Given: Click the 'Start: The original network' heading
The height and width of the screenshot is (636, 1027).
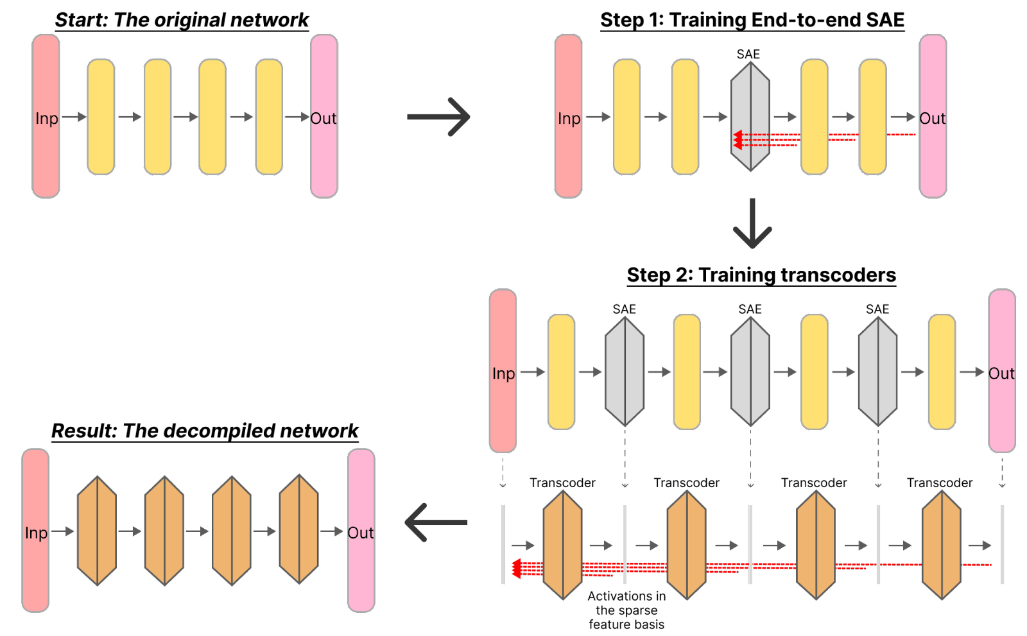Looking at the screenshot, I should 182,20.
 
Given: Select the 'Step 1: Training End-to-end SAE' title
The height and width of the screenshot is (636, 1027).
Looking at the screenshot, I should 752,20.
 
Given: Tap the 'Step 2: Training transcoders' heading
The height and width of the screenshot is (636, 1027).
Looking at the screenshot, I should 761,275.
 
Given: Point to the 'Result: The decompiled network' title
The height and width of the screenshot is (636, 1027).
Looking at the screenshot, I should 205,431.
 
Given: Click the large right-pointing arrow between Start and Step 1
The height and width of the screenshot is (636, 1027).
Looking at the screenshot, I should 439,117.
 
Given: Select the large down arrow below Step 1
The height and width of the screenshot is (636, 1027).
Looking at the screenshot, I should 752,224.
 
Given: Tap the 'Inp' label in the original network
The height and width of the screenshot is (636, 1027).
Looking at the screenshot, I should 47,119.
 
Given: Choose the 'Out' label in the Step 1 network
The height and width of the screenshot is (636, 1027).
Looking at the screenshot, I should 932,119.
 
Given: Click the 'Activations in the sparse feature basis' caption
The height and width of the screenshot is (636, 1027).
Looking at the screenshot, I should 626,610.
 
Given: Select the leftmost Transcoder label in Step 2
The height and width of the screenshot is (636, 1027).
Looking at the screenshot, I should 562,483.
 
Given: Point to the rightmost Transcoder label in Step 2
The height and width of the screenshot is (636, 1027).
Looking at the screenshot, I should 940,483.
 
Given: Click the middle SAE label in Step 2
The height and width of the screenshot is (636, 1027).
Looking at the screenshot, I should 750,309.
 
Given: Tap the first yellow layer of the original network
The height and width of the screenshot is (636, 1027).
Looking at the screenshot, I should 101,117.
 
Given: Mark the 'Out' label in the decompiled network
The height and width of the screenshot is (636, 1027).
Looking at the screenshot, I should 360,533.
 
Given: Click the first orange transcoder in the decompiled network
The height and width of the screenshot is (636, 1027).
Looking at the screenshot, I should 96,531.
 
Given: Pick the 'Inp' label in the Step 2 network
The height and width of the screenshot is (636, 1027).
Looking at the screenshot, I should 503,374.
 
